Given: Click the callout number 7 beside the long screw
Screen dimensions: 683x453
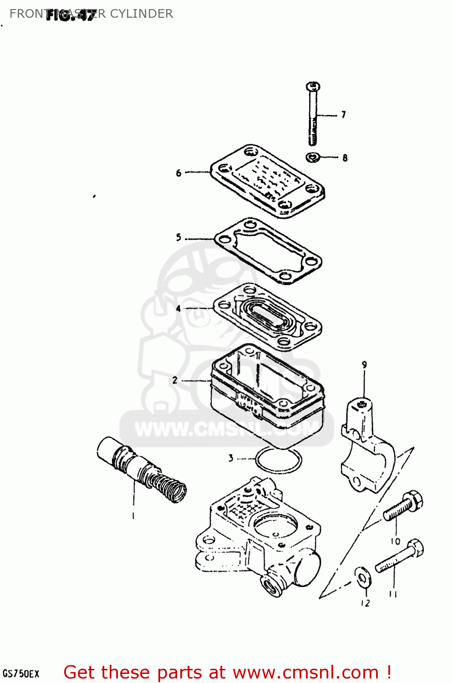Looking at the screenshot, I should (x=344, y=115).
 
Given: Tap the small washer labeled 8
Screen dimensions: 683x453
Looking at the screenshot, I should (x=313, y=158).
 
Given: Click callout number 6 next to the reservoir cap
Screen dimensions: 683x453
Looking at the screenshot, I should (x=178, y=173).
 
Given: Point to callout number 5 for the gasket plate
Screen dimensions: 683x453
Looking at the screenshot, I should (x=178, y=237).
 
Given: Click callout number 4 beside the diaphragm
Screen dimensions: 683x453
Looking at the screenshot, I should (x=178, y=309).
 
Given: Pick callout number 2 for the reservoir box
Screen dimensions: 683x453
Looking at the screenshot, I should (x=175, y=380).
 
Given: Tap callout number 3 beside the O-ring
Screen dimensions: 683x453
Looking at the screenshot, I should (x=231, y=458).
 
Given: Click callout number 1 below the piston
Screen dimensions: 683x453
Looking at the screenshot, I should (x=133, y=516).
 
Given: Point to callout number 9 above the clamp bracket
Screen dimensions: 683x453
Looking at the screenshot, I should (x=364, y=365).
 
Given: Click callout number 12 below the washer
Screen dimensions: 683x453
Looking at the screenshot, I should (x=365, y=603).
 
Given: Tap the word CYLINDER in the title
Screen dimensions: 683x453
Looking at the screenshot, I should (x=142, y=14).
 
